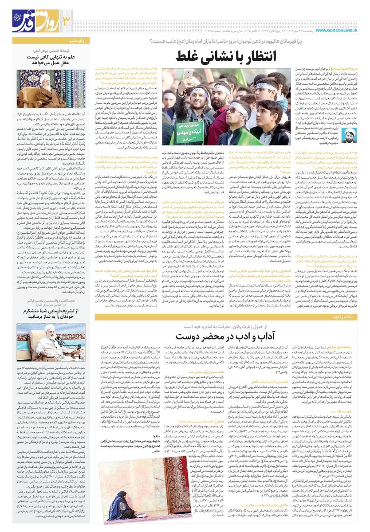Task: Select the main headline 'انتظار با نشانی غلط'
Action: pyautogui.click(x=227, y=56)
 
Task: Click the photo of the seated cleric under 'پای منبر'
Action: pyautogui.click(x=51, y=89)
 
